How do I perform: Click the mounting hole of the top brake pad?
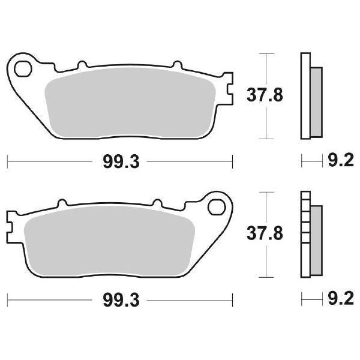coord(23,68)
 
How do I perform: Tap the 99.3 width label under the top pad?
coord(119,161)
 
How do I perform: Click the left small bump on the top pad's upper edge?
coord(80,64)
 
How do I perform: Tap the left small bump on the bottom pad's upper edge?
coord(61,203)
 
